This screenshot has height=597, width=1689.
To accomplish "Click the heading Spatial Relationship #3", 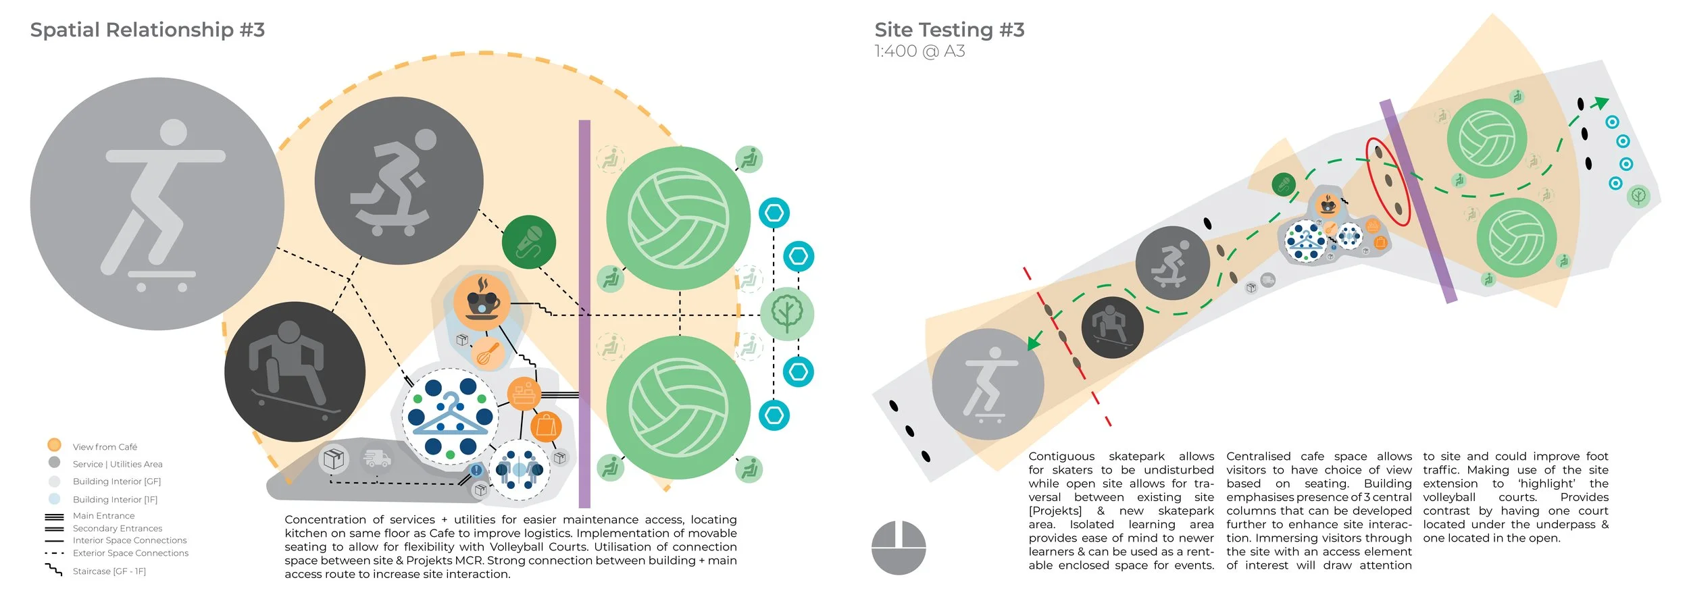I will click(x=147, y=30).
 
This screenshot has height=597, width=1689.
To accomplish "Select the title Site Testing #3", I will click(x=949, y=30).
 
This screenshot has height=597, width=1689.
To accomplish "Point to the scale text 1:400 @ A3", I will click(x=919, y=51).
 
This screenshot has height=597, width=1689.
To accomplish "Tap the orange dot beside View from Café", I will click(x=55, y=445).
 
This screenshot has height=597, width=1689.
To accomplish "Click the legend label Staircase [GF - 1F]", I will click(x=109, y=571).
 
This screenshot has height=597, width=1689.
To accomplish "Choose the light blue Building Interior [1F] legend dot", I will click(x=55, y=499).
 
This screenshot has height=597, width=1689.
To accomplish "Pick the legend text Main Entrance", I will click(x=103, y=516).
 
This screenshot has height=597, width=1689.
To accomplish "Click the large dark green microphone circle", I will click(x=529, y=242).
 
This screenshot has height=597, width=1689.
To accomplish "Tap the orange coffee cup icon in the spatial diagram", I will click(x=482, y=302).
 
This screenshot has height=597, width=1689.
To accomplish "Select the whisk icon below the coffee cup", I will click(x=486, y=353).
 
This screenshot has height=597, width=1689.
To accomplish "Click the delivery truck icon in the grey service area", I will click(x=377, y=459).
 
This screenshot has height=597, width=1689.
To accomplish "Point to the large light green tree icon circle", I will click(x=787, y=314).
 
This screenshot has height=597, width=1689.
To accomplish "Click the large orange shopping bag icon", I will click(x=546, y=427).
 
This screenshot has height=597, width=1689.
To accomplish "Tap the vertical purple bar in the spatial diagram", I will click(x=584, y=313).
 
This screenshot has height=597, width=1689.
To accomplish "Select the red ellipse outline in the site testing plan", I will click(x=1388, y=181).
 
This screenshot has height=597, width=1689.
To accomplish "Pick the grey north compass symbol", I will click(x=899, y=548).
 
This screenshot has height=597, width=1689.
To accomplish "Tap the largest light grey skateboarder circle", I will click(x=157, y=203).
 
